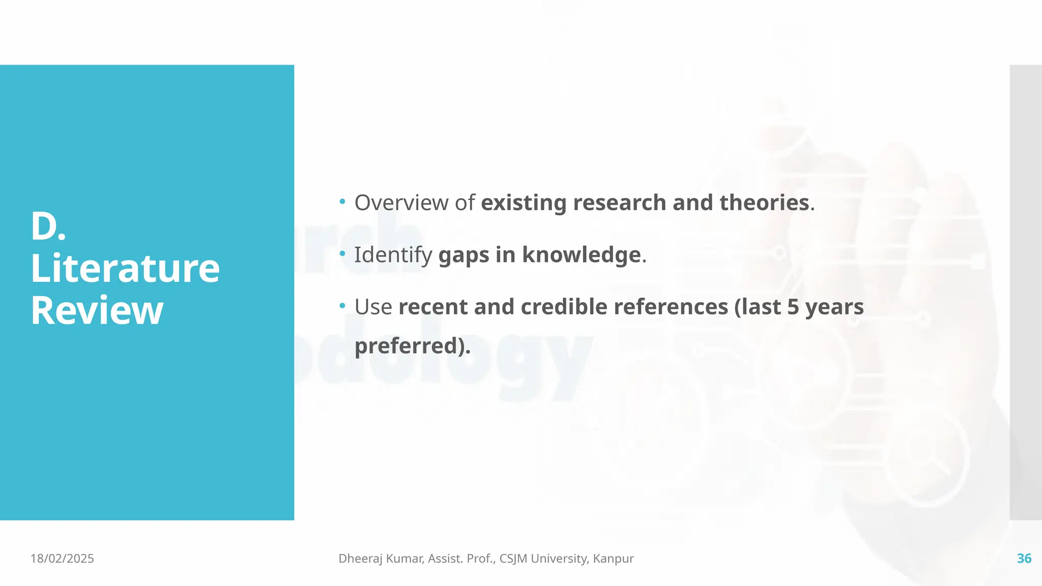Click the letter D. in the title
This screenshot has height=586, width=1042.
(x=48, y=227)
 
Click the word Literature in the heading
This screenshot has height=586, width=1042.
(x=125, y=269)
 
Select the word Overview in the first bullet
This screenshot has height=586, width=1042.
(x=401, y=203)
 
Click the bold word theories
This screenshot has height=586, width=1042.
(x=764, y=203)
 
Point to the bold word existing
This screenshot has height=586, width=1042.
(x=523, y=203)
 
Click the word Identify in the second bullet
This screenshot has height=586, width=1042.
(x=393, y=255)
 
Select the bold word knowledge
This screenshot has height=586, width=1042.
(x=581, y=255)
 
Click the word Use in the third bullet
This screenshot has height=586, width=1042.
(x=373, y=307)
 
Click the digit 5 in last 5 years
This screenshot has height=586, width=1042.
(x=793, y=307)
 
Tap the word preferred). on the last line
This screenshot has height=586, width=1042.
(x=413, y=346)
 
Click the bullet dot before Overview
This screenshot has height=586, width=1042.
(x=342, y=202)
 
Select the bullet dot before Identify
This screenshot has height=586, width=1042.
(x=342, y=254)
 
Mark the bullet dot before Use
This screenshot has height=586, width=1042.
(x=342, y=306)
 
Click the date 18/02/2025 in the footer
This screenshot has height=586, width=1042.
(x=62, y=559)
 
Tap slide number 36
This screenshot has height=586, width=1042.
(x=1024, y=559)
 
